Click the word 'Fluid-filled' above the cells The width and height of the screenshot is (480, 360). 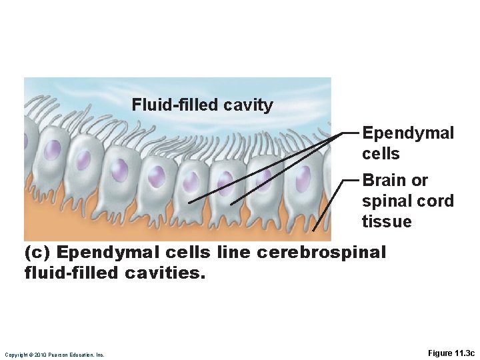[165, 105]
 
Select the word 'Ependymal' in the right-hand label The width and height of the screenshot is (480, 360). [408, 133]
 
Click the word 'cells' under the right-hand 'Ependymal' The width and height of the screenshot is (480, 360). [381, 154]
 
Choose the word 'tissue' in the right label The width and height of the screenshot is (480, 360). [387, 222]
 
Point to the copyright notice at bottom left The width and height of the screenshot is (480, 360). [54, 355]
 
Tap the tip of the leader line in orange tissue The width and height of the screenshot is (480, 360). [313, 231]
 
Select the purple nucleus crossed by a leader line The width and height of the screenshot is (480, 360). [265, 176]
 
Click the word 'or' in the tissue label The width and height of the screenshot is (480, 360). [420, 181]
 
